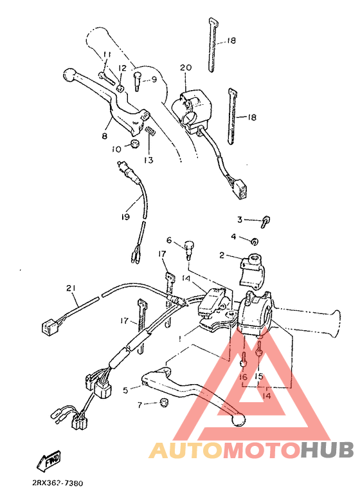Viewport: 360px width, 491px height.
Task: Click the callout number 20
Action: [x=186, y=68]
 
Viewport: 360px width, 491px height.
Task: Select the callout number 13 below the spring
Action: [x=149, y=160]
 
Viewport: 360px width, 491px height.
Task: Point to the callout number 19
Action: [x=126, y=217]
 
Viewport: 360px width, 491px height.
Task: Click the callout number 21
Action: [x=70, y=288]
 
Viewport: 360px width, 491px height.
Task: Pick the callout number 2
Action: [x=222, y=255]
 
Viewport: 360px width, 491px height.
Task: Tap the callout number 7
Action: [x=139, y=405]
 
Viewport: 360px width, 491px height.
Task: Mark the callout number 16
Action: [x=243, y=377]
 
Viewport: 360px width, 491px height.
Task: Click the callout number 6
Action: [x=170, y=241]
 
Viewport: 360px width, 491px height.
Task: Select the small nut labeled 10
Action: [x=136, y=144]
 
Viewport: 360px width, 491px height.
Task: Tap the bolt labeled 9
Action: [x=138, y=80]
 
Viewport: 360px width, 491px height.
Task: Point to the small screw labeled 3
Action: [x=265, y=221]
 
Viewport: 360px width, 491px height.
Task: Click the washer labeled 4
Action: [x=255, y=242]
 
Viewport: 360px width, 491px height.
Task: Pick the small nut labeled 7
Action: [x=163, y=403]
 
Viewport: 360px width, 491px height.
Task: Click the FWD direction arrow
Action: [x=49, y=459]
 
